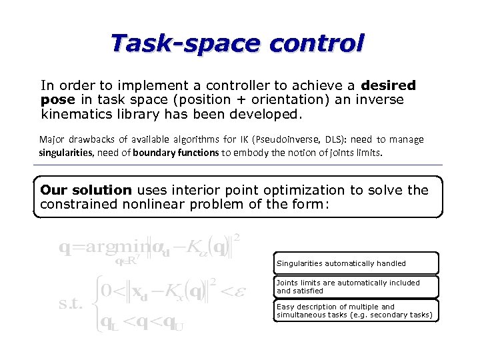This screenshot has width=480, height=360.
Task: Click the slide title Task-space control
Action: tap(238, 43)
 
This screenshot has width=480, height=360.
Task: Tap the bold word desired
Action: tap(388, 85)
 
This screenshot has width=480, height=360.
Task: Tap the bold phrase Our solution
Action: tap(85, 190)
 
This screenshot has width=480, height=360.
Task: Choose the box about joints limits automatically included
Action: tap(356, 287)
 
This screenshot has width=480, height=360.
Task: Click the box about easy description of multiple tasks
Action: tap(356, 311)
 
